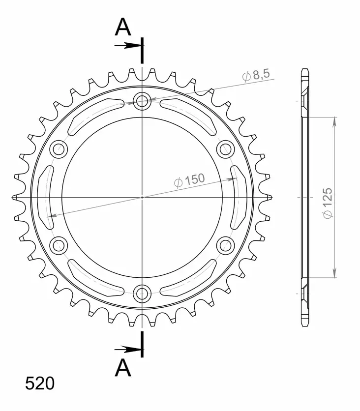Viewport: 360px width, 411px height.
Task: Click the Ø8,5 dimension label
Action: [x=256, y=76]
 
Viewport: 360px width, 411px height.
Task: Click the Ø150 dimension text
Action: [x=189, y=180]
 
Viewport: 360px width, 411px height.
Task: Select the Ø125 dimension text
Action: [x=328, y=202]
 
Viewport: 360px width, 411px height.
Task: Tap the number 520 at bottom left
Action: [x=40, y=383]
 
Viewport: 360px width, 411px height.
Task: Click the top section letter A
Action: [x=123, y=28]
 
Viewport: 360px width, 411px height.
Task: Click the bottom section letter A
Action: [x=123, y=367]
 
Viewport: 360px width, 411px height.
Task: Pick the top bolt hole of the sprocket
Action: [x=143, y=102]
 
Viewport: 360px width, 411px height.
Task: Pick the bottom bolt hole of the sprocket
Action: [x=143, y=293]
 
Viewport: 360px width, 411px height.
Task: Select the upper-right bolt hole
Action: [x=225, y=149]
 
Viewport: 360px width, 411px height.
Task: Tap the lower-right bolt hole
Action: [x=225, y=244]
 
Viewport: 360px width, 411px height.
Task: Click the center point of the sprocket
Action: [x=143, y=197]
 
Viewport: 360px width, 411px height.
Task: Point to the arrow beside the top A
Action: [x=129, y=46]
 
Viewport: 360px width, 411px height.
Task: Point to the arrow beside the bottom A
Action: [x=129, y=350]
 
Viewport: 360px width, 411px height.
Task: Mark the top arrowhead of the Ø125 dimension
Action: [x=335, y=121]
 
